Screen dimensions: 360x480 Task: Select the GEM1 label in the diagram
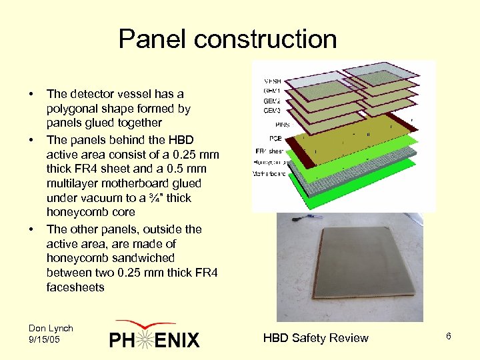point(271,92)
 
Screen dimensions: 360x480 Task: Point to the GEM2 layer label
point(271,101)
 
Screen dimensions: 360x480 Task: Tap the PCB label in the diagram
point(273,139)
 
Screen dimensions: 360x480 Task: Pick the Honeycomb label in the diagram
point(271,162)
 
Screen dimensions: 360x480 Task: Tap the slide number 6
point(449,337)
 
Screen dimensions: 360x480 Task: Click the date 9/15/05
point(45,339)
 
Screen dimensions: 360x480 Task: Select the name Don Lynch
point(51,328)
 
